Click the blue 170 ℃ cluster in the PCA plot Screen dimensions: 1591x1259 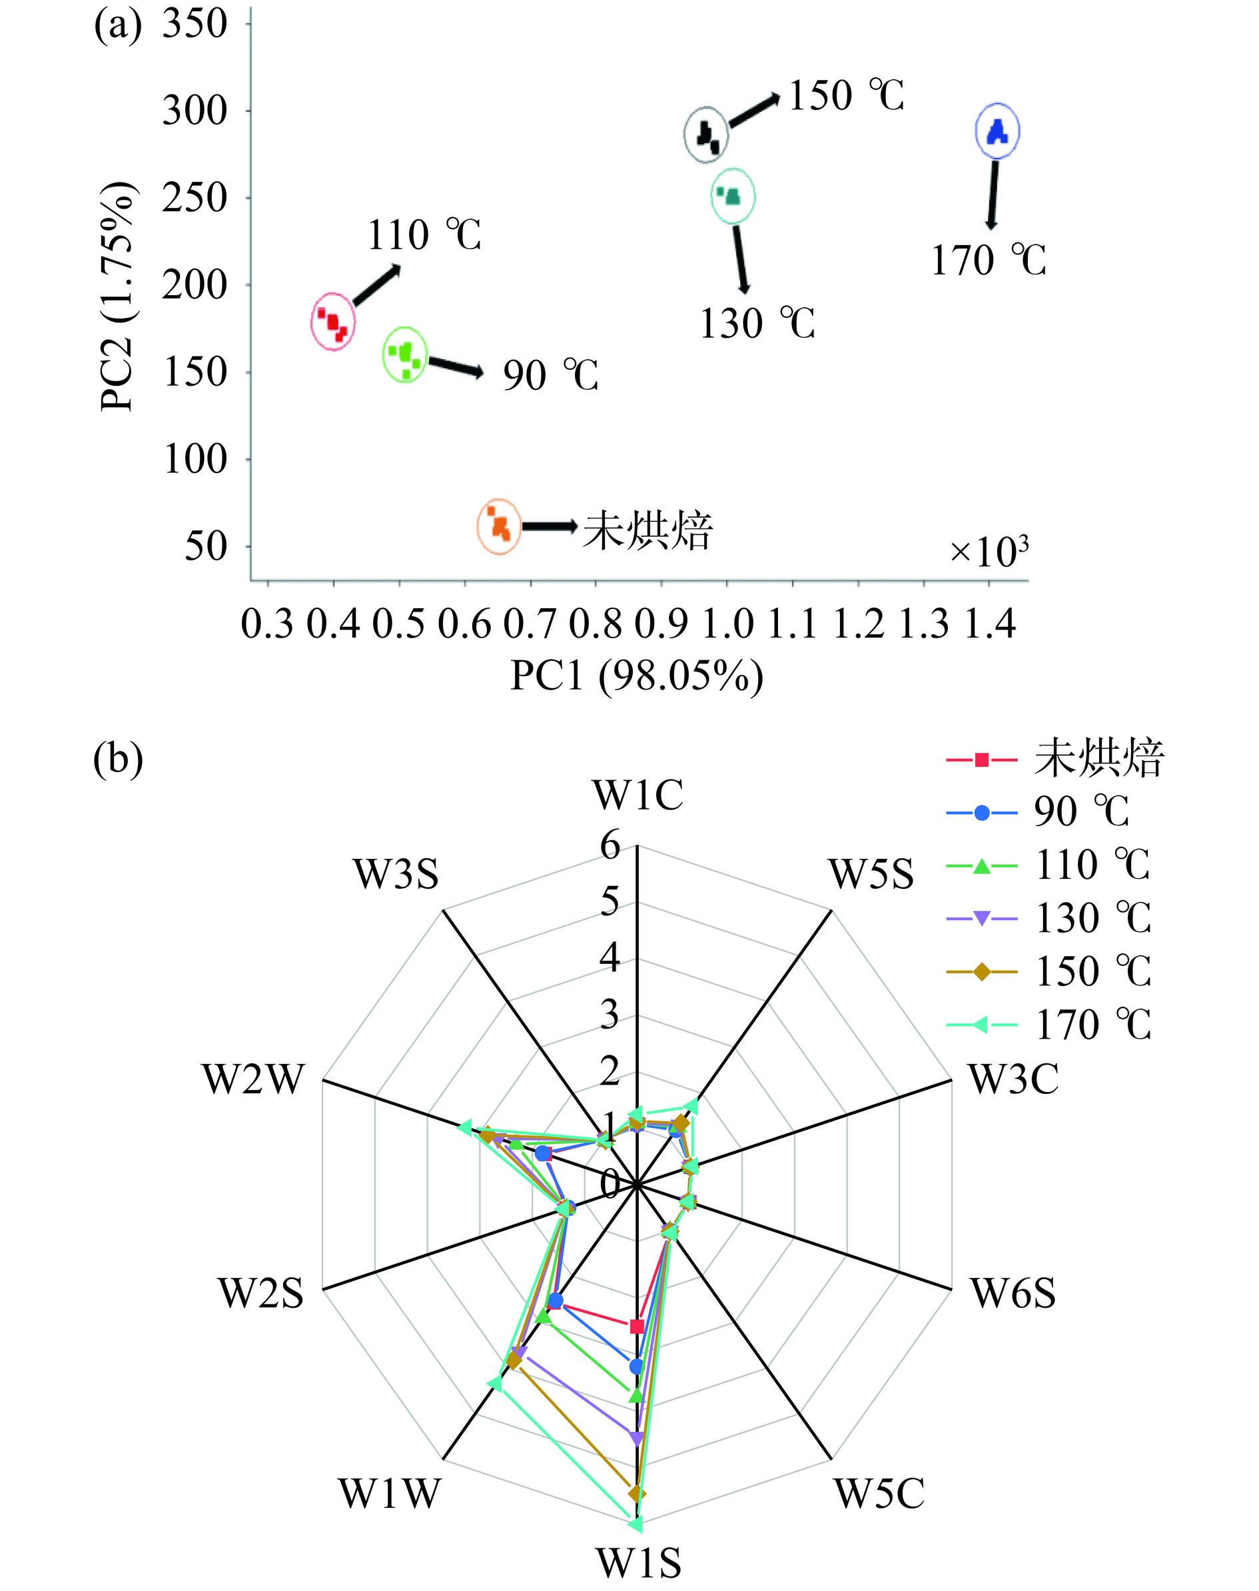(997, 131)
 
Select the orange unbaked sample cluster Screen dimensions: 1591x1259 (499, 526)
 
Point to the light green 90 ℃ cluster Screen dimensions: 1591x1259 (405, 354)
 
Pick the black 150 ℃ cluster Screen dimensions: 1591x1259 (707, 134)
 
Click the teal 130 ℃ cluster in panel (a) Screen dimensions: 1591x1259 (733, 195)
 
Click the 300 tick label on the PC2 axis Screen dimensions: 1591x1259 (195, 111)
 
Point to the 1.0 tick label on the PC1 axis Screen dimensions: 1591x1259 (727, 624)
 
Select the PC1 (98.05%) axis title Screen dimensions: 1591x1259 (637, 676)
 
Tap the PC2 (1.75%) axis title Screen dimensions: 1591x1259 (117, 296)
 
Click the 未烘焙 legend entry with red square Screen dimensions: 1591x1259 (1054, 760)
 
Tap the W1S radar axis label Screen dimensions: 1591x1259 (638, 1562)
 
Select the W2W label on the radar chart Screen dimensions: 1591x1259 (253, 1080)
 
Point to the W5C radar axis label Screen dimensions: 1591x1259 (879, 1494)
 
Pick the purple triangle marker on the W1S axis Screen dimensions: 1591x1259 (637, 1438)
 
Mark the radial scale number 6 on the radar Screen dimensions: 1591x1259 (610, 845)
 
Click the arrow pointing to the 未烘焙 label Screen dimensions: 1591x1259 (549, 526)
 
